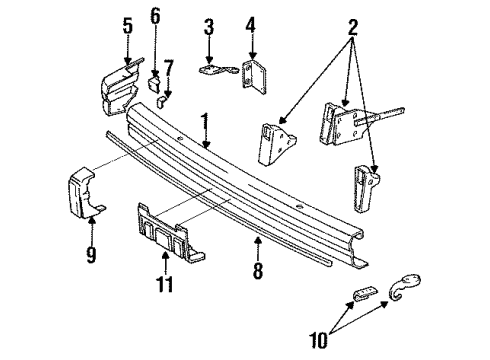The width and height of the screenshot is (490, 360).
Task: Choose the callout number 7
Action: [x=169, y=67]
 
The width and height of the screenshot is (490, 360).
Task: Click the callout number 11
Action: [x=166, y=286]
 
